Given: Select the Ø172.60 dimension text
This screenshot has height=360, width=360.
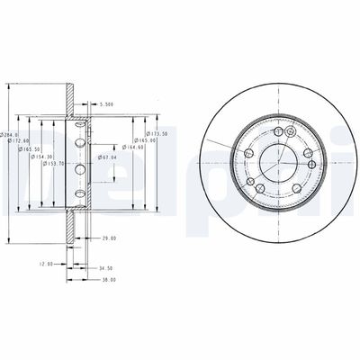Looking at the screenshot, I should [x=21, y=141].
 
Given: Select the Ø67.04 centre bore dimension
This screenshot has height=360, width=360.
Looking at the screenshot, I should [x=111, y=157].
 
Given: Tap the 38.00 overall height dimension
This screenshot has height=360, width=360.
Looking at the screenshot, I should [x=108, y=280].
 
